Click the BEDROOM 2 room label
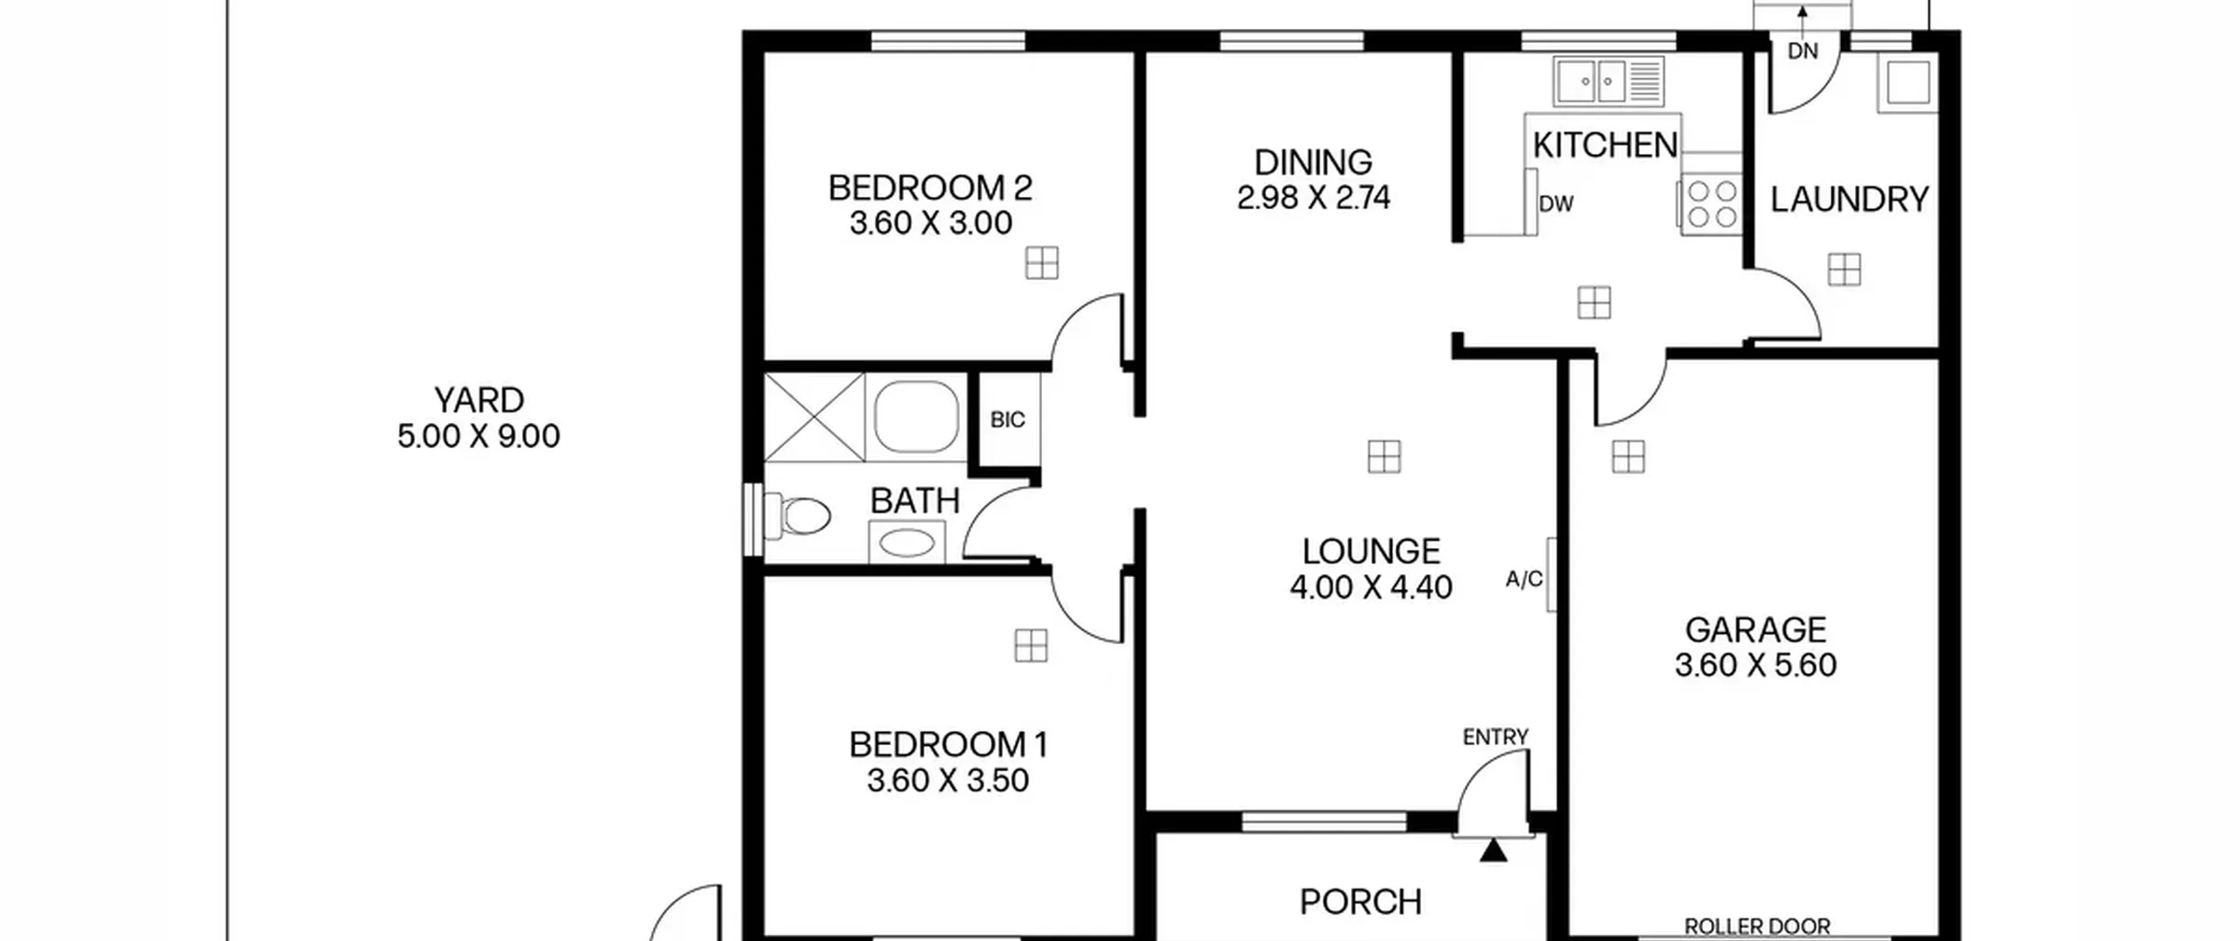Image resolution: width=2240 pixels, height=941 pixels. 930,188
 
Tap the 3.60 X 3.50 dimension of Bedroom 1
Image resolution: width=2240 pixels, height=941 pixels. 948,780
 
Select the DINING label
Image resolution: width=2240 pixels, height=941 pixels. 1313,163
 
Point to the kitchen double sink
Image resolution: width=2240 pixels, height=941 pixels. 1608,82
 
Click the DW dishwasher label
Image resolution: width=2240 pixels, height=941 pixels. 1556,204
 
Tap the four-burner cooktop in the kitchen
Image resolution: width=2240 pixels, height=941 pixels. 1711,205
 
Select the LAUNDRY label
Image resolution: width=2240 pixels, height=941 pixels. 1850,200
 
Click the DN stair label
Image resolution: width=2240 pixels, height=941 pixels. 1802,52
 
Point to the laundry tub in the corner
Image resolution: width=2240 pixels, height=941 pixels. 1907,84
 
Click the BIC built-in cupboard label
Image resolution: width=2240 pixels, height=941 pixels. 1007,420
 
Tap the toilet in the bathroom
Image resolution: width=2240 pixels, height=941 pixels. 797,516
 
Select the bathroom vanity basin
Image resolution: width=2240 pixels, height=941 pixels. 906,542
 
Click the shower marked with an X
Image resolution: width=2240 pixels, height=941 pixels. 814,417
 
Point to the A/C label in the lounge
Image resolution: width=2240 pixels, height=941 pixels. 1523,579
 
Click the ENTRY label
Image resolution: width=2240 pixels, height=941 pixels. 1495,737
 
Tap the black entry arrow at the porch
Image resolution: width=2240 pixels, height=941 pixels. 1494,851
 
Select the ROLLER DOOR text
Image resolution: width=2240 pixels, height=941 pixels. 1757,926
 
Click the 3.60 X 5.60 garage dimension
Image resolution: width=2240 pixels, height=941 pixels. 1755,665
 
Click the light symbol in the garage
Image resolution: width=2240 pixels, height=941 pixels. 1628,457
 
